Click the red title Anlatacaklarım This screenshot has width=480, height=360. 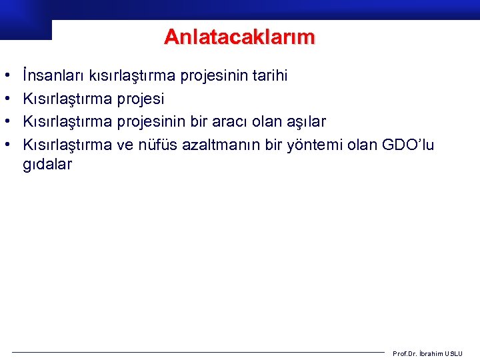[239, 37]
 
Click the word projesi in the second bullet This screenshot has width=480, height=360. [141, 99]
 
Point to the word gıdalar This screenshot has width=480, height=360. [47, 164]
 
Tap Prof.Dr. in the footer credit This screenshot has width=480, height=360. [405, 353]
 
